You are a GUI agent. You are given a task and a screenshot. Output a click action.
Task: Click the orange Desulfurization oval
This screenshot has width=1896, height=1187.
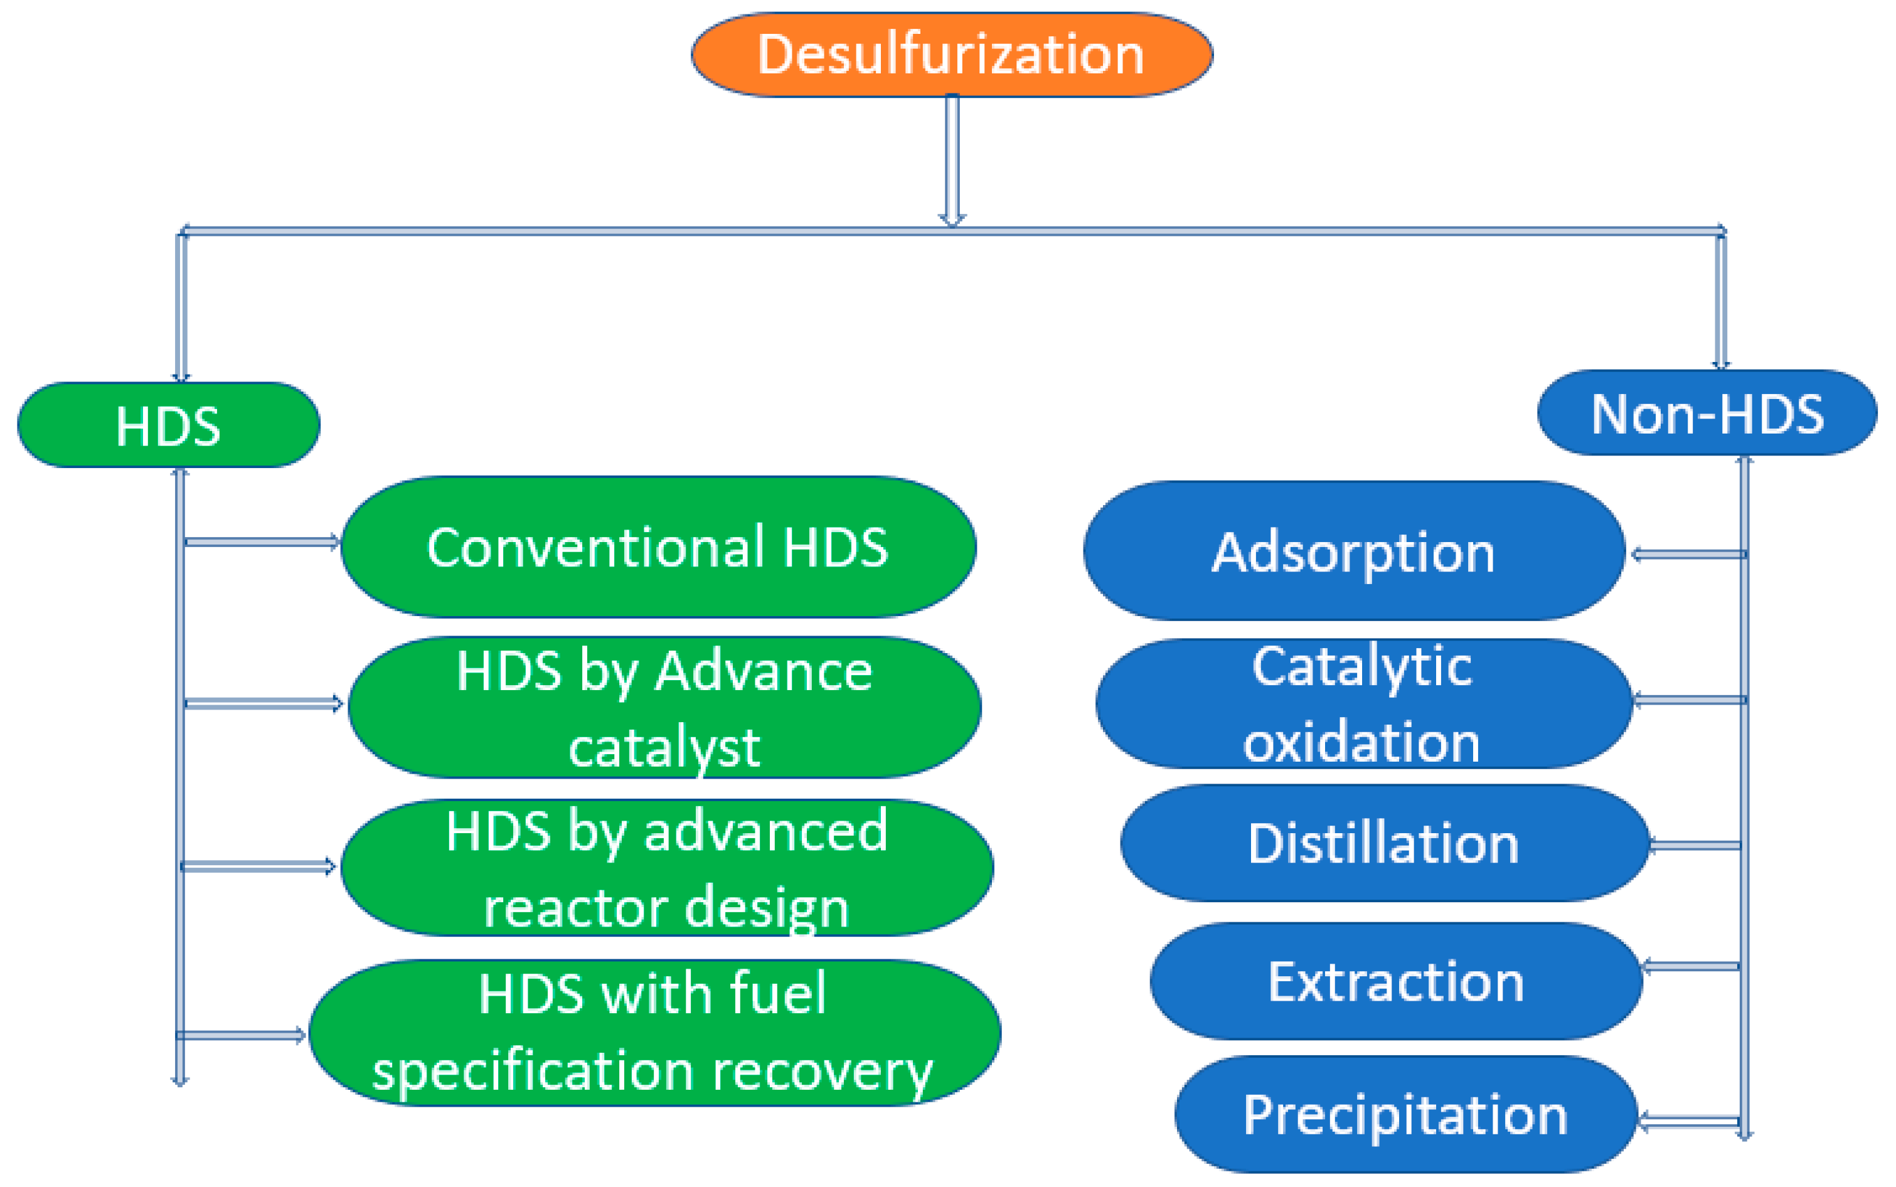tap(952, 55)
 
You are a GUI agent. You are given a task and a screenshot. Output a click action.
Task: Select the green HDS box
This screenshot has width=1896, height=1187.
tap(168, 425)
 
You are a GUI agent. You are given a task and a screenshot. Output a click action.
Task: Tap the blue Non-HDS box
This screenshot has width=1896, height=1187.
tap(1707, 413)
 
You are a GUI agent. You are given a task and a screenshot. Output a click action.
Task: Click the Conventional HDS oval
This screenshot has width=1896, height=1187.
tap(658, 546)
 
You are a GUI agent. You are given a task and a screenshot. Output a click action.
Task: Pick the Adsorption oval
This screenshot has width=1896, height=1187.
tap(1353, 551)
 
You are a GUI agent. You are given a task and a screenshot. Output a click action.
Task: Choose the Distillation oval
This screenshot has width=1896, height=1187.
tap(1383, 843)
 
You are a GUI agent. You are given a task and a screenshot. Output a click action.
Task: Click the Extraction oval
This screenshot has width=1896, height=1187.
tap(1396, 981)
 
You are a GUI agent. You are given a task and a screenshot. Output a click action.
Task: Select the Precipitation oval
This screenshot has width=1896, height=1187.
tap(1405, 1115)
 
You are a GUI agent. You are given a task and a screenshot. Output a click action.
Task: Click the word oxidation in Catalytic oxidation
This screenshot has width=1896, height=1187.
tap(1361, 741)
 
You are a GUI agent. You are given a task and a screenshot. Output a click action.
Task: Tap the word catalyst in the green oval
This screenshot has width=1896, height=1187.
tap(664, 747)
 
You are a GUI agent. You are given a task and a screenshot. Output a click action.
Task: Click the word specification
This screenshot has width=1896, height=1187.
tap(532, 1071)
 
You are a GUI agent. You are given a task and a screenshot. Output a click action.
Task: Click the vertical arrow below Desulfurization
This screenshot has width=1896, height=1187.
tap(952, 161)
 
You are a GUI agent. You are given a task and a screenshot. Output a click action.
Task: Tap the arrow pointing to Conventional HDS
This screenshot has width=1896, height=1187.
tap(262, 541)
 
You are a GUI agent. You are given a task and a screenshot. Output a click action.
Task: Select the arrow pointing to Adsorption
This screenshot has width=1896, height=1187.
tap(1688, 554)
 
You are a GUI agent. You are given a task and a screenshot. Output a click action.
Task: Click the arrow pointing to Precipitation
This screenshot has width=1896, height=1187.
tap(1688, 1121)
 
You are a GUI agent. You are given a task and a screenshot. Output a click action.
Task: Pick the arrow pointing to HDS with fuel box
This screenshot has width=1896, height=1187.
tap(240, 1035)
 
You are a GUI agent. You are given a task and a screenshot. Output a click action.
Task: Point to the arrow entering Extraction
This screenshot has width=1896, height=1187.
tap(1690, 966)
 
